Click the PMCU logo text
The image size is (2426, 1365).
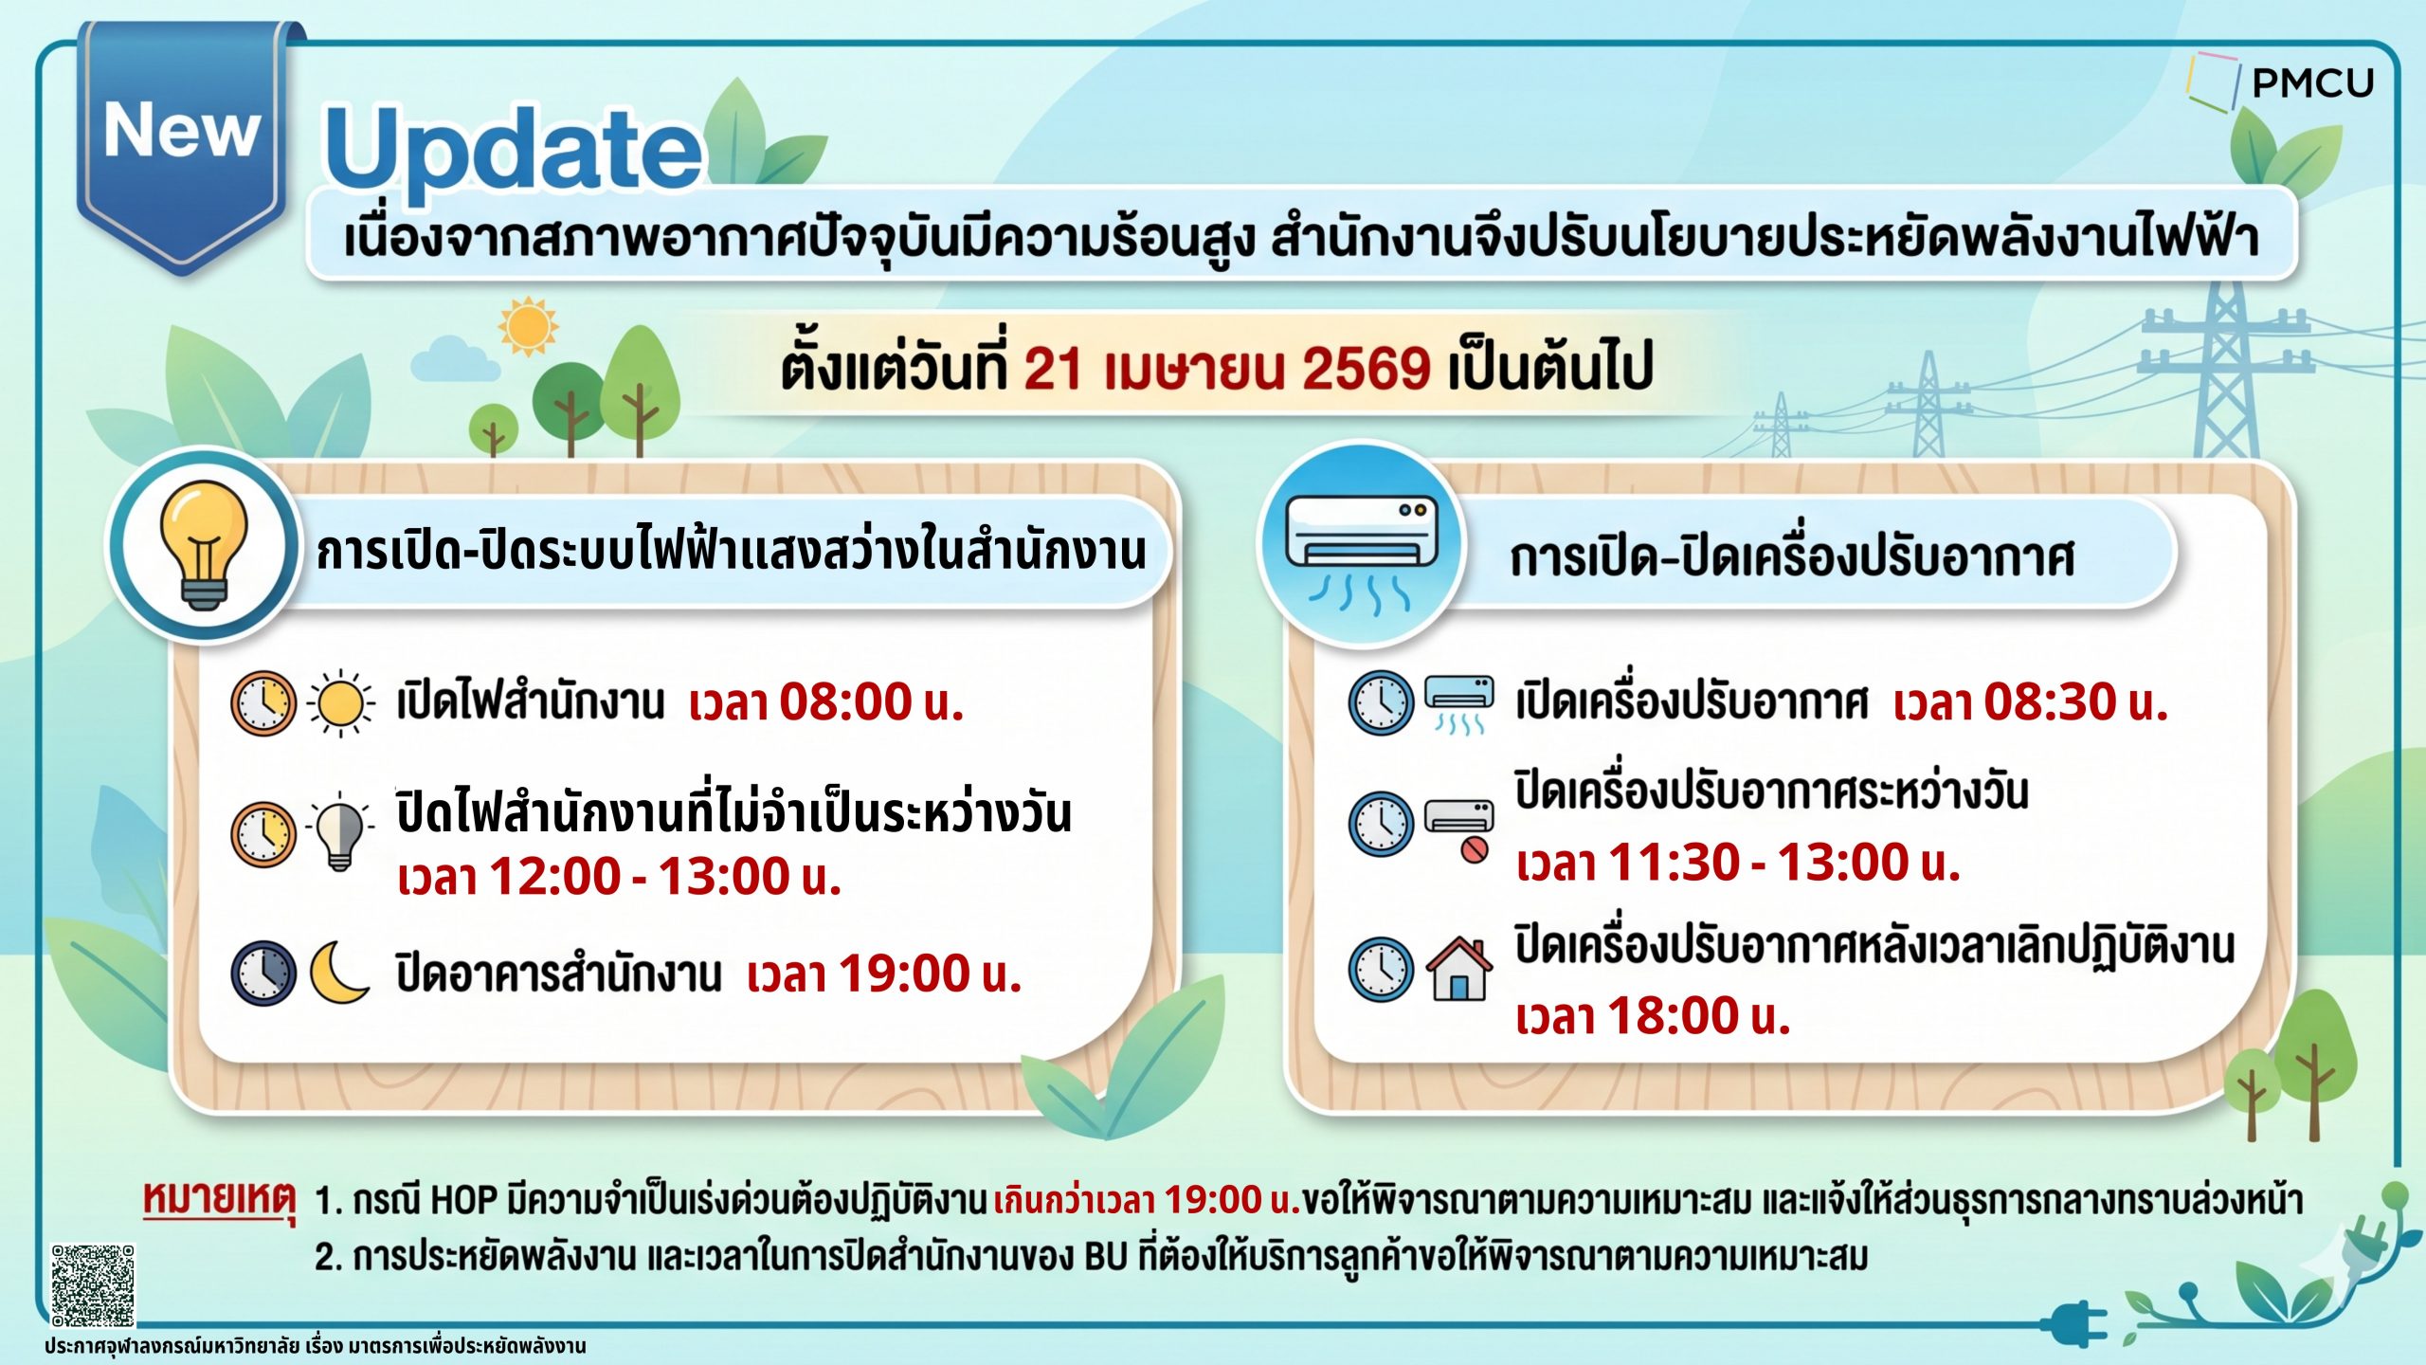(x=2312, y=83)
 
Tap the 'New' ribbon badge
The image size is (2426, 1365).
(x=182, y=142)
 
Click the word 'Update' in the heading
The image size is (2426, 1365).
(x=513, y=150)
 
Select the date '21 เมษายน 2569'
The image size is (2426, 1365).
(x=1227, y=369)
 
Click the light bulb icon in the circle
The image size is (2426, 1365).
(x=203, y=543)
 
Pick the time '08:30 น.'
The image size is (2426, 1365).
(x=2076, y=702)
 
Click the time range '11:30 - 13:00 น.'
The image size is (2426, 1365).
(x=1784, y=863)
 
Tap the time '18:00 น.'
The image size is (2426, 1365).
(x=1699, y=1015)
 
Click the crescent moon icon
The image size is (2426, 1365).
(x=338, y=973)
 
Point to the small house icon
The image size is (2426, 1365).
(x=1459, y=968)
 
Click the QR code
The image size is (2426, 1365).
(x=92, y=1285)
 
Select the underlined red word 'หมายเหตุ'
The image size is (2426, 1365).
(x=219, y=1200)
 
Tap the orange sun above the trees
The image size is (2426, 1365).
(x=528, y=327)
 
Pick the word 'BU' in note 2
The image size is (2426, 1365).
(x=1106, y=1258)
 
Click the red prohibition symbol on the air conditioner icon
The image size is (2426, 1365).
(x=1474, y=849)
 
